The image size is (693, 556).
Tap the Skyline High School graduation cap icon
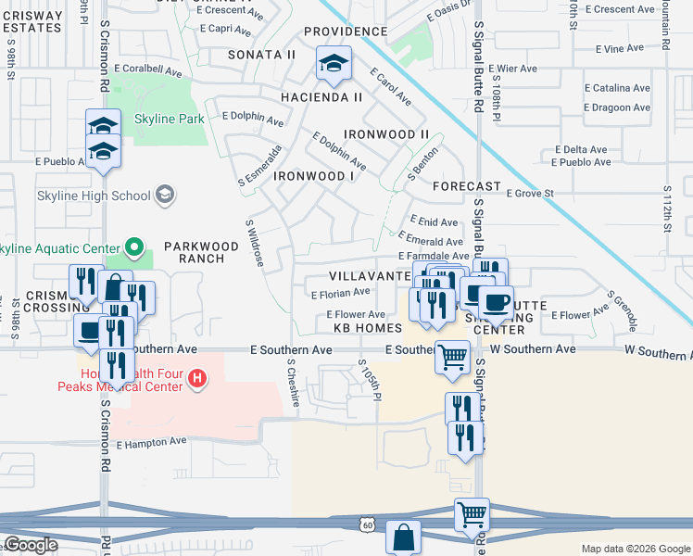(x=165, y=194)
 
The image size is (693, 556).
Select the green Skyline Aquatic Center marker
(x=133, y=247)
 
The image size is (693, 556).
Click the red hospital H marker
(x=195, y=378)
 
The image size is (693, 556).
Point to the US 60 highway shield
(x=369, y=525)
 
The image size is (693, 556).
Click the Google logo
(x=30, y=545)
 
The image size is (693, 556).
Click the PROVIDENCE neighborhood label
(x=346, y=32)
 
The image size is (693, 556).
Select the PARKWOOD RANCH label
(x=195, y=252)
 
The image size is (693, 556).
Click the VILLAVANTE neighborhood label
(x=369, y=277)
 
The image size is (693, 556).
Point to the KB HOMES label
(x=368, y=328)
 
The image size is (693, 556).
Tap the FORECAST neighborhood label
(x=467, y=185)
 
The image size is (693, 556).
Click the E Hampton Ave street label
(x=152, y=443)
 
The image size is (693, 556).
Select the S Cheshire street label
(x=294, y=383)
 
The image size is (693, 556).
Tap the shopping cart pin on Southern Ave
(x=452, y=356)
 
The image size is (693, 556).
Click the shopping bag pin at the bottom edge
(x=403, y=537)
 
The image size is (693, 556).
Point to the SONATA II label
(x=264, y=55)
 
